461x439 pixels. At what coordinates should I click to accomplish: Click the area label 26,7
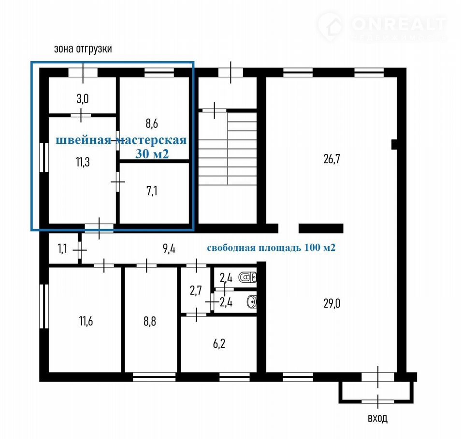pyautogui.click(x=331, y=159)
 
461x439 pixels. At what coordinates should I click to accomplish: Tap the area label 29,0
pyautogui.click(x=331, y=303)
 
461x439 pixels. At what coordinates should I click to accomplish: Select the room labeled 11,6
pyautogui.click(x=86, y=321)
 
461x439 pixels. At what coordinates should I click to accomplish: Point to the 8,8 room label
pyautogui.click(x=150, y=321)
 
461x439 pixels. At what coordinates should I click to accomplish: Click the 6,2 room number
pyautogui.click(x=219, y=343)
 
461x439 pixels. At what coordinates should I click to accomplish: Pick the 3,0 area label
pyautogui.click(x=82, y=98)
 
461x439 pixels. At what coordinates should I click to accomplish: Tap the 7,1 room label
pyautogui.click(x=152, y=191)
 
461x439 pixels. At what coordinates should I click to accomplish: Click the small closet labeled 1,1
pyautogui.click(x=62, y=249)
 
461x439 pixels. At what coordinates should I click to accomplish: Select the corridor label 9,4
pyautogui.click(x=169, y=249)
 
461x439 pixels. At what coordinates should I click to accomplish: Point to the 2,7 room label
pyautogui.click(x=196, y=290)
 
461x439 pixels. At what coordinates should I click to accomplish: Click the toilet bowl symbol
pyautogui.click(x=247, y=277)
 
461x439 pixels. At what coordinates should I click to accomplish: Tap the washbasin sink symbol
pyautogui.click(x=252, y=302)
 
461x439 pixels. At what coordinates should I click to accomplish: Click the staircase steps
pyautogui.click(x=228, y=149)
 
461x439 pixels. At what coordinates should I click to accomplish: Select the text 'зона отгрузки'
pyautogui.click(x=83, y=48)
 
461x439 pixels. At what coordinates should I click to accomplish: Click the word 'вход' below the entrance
pyautogui.click(x=378, y=418)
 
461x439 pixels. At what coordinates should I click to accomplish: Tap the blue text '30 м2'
pyautogui.click(x=152, y=153)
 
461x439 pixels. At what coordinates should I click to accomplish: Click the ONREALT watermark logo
pyautogui.click(x=382, y=27)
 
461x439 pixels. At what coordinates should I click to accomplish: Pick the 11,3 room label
pyautogui.click(x=83, y=162)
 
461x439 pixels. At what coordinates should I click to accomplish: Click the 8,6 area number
pyautogui.click(x=152, y=123)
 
